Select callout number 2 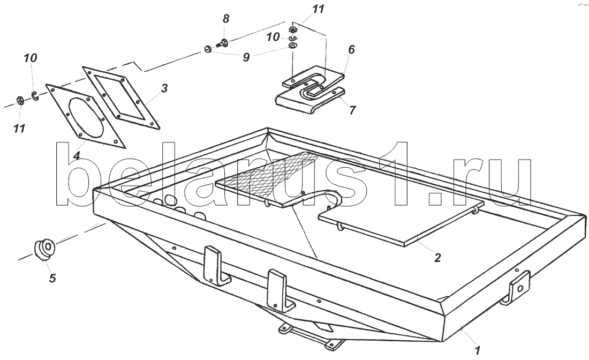[437, 258]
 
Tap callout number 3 [164, 88]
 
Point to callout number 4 [77, 156]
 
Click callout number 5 [52, 278]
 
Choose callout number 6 [351, 50]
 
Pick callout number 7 [352, 110]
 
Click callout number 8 [225, 19]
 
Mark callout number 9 [246, 57]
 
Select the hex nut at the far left [18, 100]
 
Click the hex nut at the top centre [293, 29]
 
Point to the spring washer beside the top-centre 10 [292, 39]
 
